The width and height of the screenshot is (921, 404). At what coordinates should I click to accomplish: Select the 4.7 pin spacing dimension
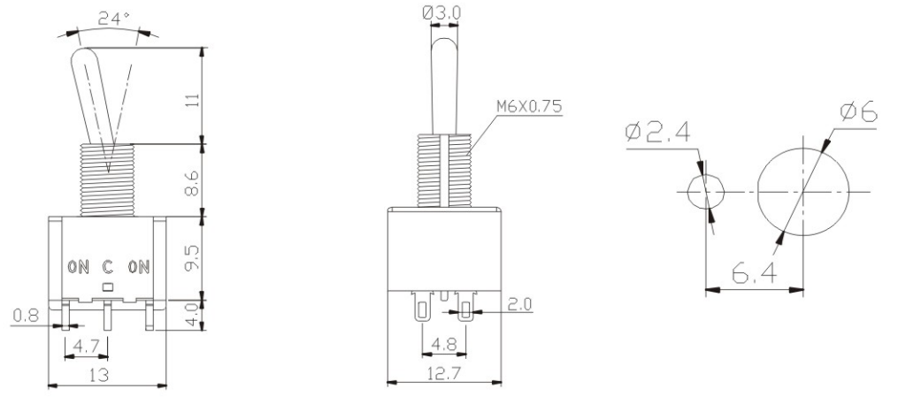pos(87,345)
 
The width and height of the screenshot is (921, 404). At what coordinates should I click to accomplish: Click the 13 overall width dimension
pos(99,375)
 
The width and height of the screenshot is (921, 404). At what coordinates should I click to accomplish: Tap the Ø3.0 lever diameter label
pos(443,11)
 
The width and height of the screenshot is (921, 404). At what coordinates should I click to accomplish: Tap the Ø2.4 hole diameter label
pos(658,133)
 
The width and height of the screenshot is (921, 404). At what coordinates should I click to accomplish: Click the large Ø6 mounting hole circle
pos(802,192)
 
